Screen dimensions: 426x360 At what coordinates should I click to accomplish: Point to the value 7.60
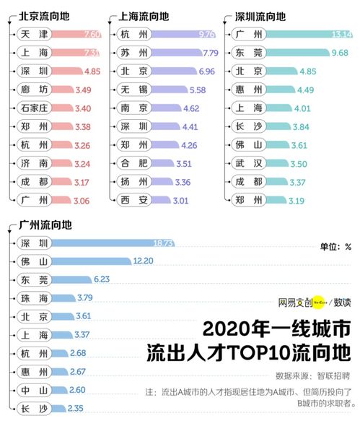[x=92, y=34]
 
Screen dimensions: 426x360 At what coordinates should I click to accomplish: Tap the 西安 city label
[x=133, y=199]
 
